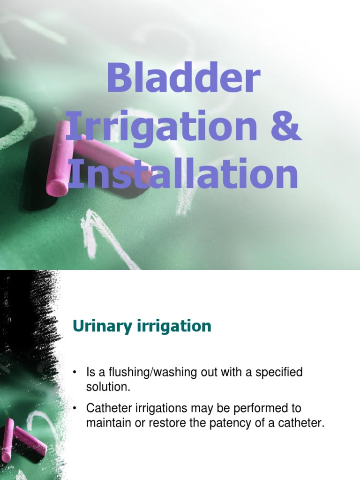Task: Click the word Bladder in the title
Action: (183, 80)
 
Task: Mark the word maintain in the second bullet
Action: (105, 423)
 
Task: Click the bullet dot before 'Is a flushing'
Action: (74, 374)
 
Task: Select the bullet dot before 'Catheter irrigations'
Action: (74, 409)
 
